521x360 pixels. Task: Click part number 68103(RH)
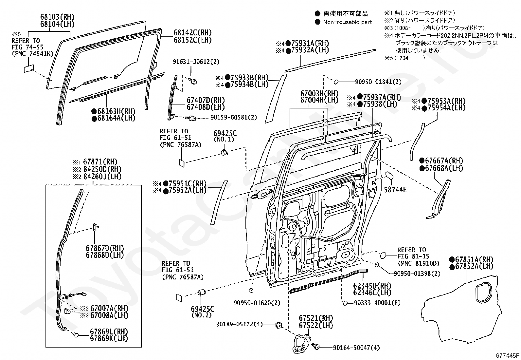tap(57, 17)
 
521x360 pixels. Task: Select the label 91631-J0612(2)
tap(196, 62)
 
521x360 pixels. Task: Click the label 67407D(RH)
tap(206, 100)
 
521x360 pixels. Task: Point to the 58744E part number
tap(395, 190)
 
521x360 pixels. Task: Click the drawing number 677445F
tap(507, 355)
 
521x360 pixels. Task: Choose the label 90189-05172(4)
tap(240, 325)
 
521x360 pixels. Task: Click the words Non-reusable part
tap(348, 22)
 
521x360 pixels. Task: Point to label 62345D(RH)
tap(372, 286)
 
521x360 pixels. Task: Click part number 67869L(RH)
tap(109, 332)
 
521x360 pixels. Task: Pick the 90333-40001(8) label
tap(377, 303)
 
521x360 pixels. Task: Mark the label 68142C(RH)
tap(192, 33)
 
